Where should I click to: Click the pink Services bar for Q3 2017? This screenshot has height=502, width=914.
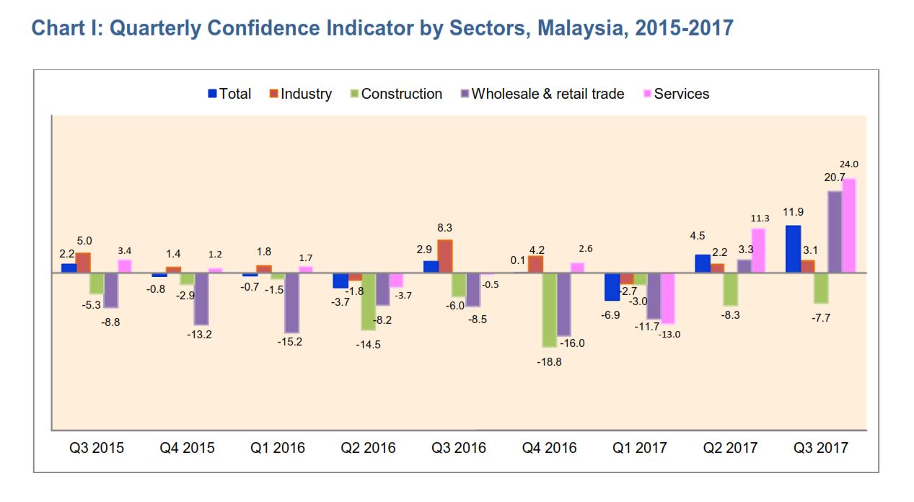click(849, 226)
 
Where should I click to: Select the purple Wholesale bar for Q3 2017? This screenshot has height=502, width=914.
click(835, 232)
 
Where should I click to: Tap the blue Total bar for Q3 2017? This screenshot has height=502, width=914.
click(793, 249)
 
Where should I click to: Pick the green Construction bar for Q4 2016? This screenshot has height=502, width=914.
click(550, 310)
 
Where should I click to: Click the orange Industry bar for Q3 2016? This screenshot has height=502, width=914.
click(445, 256)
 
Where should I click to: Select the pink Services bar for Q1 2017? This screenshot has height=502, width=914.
click(668, 298)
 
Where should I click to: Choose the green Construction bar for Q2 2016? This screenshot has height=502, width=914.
click(369, 301)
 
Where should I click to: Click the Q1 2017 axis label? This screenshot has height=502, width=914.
click(640, 448)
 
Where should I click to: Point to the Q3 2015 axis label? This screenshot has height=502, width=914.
click(97, 448)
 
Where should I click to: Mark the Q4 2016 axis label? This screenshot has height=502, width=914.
click(550, 448)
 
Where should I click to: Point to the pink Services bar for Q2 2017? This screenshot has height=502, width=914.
click(758, 251)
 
